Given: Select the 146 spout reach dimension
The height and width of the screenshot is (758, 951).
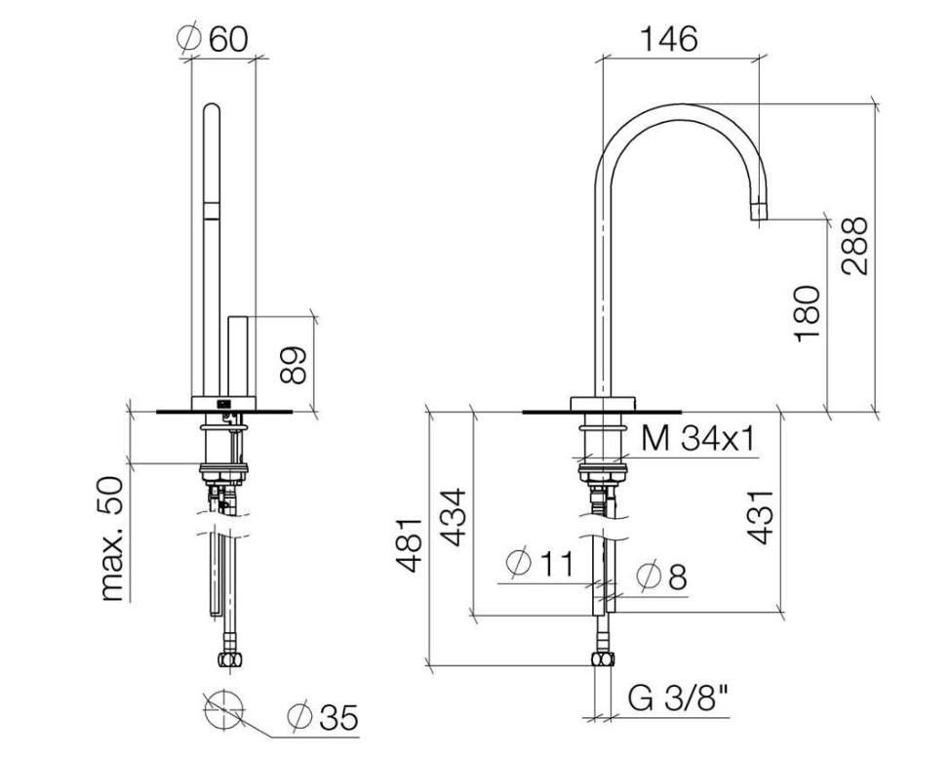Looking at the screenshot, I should click(669, 38).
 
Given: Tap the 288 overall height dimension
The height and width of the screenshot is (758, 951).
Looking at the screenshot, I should click(855, 245).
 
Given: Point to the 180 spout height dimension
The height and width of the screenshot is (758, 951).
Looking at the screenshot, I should click(808, 313).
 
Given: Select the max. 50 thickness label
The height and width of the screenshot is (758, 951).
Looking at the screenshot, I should click(114, 538).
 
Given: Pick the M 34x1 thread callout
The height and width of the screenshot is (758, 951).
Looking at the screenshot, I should click(698, 439).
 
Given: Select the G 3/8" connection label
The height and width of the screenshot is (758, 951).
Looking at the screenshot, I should click(684, 699).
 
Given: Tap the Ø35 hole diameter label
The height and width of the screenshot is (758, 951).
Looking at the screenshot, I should click(323, 718).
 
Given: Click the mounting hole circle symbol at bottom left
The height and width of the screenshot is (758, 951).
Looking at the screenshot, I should click(223, 706).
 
